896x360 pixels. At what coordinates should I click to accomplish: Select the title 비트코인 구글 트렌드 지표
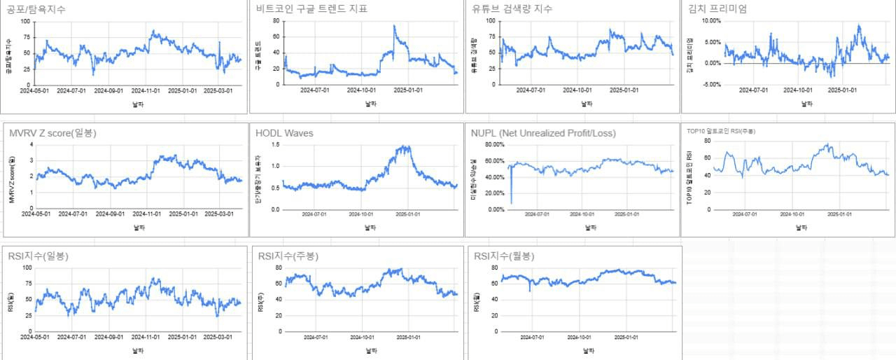point(312,9)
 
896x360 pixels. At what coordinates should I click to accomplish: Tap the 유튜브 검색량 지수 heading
point(512,9)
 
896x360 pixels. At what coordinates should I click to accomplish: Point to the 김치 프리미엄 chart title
point(717,9)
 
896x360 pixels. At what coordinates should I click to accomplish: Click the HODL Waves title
point(284,133)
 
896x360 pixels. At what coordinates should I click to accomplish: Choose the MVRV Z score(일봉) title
point(52,133)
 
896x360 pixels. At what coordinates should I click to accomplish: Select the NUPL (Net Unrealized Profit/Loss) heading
point(543,133)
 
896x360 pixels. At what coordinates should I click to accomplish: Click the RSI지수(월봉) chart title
point(503,256)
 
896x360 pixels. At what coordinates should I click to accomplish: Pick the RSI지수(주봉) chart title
point(288,256)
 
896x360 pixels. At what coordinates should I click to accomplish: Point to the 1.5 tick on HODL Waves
point(274,144)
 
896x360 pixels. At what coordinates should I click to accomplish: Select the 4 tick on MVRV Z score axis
point(30,144)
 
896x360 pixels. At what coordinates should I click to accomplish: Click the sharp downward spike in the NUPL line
point(512,202)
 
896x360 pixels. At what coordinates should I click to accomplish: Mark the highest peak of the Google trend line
point(394,27)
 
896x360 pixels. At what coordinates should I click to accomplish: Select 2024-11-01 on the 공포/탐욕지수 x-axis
point(147,90)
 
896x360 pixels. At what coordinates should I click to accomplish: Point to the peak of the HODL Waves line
point(405,146)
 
